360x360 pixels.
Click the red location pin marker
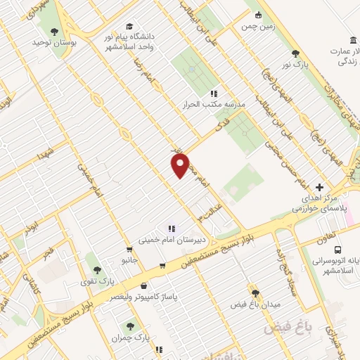pyautogui.click(x=181, y=166)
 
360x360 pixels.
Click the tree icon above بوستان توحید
pyautogui.click(x=54, y=31)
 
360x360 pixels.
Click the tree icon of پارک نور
pyautogui.click(x=295, y=53)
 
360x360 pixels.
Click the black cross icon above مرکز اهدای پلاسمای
pyautogui.click(x=320, y=187)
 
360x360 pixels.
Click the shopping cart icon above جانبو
pyautogui.click(x=129, y=250)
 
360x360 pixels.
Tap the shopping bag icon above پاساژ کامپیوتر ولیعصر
pyautogui.click(x=144, y=287)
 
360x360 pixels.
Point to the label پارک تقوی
pyautogui.click(x=96, y=281)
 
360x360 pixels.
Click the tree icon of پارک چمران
pyautogui.click(x=129, y=326)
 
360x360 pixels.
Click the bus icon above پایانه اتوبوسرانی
pyautogui.click(x=339, y=250)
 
